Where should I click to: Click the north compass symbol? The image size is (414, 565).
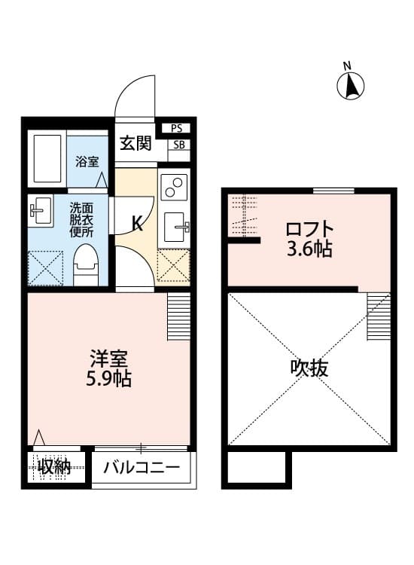pos(351,86)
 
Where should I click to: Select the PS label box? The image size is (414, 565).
pos(178,128)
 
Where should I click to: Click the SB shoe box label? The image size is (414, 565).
pos(178,145)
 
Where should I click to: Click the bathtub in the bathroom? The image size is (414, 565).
pos(47,160)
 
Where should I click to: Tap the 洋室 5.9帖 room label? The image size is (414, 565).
pos(108,367)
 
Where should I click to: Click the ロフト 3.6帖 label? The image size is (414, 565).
pos(309,239)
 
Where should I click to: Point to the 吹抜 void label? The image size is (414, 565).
pos(309,368)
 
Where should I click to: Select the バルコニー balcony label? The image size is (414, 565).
pos(142,468)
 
